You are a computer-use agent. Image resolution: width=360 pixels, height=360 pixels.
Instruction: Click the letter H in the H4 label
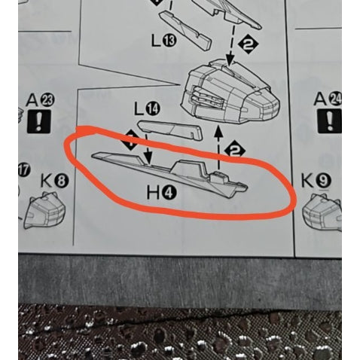[154, 194]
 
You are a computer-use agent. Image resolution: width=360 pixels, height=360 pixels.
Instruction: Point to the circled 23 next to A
[47, 100]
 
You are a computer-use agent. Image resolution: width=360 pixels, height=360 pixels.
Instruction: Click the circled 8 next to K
[61, 181]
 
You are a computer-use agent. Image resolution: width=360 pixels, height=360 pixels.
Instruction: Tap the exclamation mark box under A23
[38, 121]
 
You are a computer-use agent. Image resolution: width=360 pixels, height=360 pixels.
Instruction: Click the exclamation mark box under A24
[330, 121]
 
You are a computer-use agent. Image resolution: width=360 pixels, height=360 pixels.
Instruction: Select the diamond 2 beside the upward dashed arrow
[235, 151]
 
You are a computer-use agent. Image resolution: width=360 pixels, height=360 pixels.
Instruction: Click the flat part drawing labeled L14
[170, 130]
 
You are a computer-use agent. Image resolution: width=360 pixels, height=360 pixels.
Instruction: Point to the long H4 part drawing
[169, 174]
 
